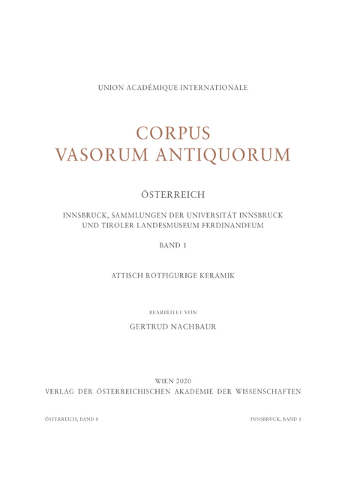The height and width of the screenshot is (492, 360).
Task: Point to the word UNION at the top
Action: coord(112,88)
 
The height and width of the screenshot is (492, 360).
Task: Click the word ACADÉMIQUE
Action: coord(159,88)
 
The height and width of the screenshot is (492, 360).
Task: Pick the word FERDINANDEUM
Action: coord(243,226)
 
